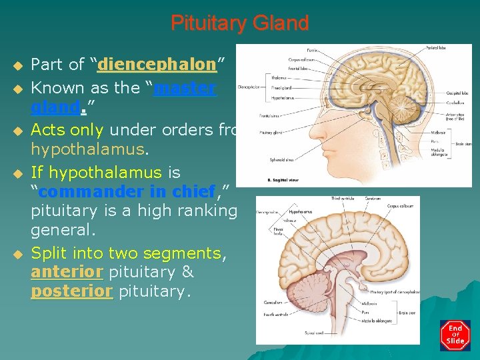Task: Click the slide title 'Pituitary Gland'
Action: (x=240, y=23)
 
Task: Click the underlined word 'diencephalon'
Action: (x=157, y=65)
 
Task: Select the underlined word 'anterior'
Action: (x=67, y=272)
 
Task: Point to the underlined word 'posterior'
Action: (x=72, y=291)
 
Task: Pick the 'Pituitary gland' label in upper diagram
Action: (x=273, y=133)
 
